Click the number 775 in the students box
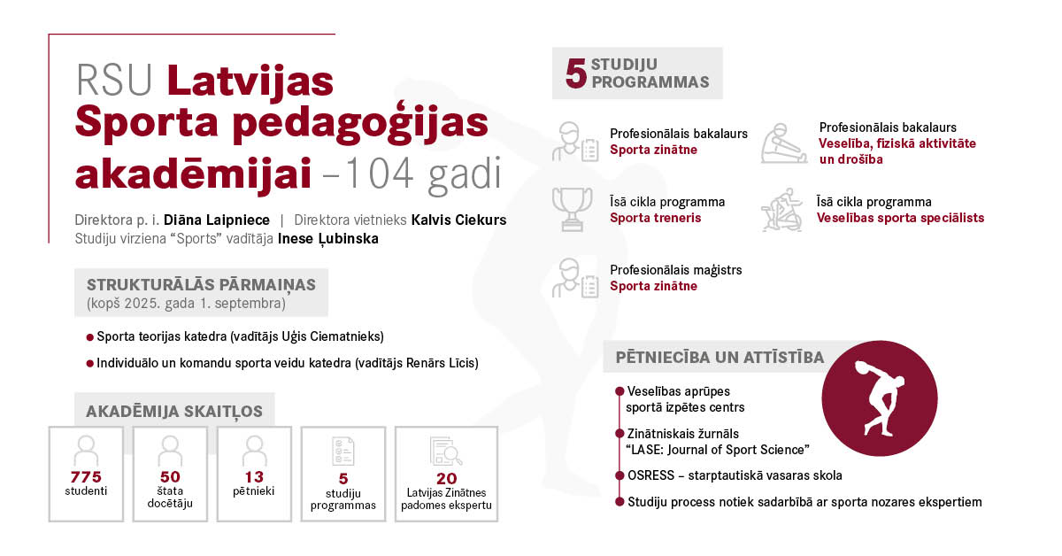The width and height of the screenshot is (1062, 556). click(85, 477)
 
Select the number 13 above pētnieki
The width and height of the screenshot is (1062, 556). click(254, 477)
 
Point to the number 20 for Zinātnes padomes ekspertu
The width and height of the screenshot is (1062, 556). click(446, 479)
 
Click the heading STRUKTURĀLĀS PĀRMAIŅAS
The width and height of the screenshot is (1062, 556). click(201, 284)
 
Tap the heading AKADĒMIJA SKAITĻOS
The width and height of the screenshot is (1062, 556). click(174, 412)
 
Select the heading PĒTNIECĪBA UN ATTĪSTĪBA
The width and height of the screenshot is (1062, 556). click(720, 358)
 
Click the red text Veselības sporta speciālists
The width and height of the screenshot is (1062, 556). click(899, 218)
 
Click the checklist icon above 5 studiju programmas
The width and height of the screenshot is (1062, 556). click(343, 451)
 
